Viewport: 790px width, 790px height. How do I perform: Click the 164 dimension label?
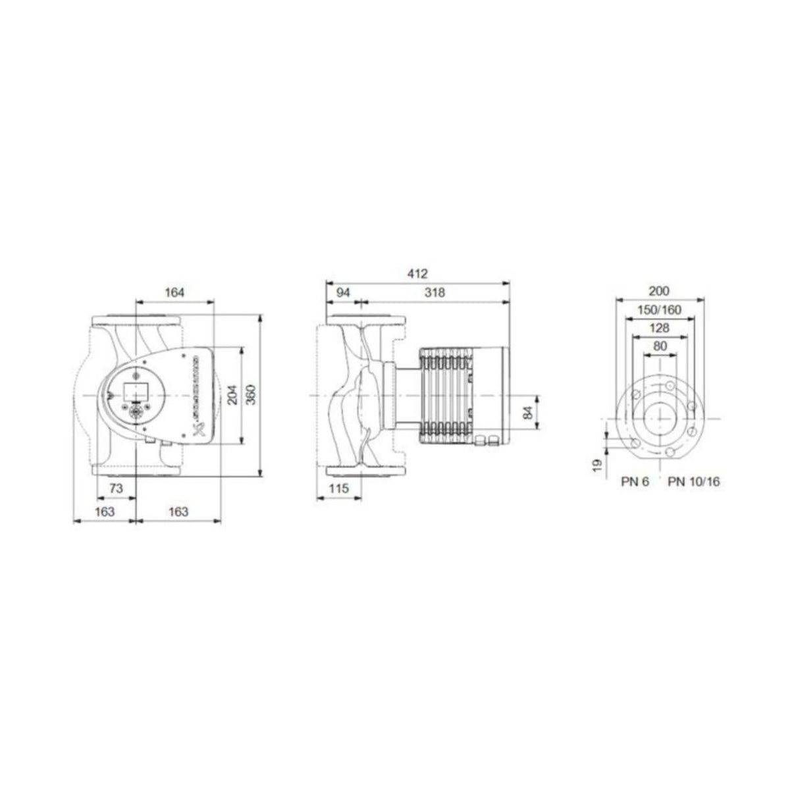174,292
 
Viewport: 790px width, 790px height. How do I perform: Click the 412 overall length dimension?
418,273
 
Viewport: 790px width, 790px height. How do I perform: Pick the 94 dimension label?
343,292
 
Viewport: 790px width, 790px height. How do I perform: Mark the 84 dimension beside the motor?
527,413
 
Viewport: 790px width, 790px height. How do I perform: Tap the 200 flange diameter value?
659,290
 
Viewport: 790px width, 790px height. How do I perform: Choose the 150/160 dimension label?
659,309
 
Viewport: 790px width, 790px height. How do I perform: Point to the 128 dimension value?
659,328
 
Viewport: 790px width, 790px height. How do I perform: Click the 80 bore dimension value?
660,346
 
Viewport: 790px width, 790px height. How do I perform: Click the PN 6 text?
635,482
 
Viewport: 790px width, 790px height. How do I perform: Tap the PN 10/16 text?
694,482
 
